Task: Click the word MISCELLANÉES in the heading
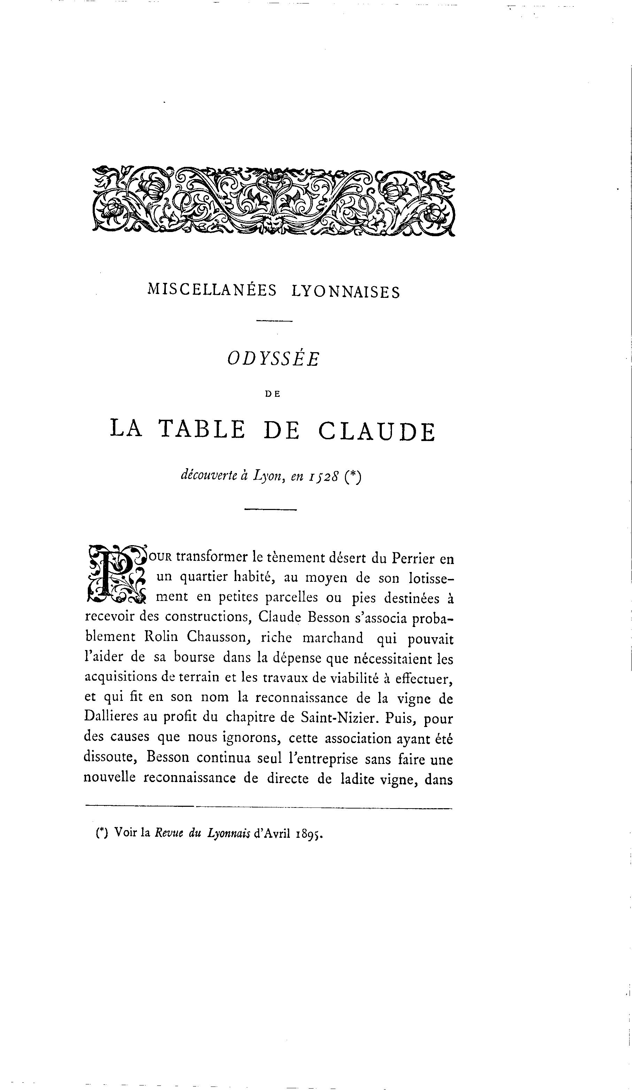click(x=211, y=290)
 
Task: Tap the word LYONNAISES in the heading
click(x=346, y=292)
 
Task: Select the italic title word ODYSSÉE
click(x=273, y=358)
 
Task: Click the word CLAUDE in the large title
click(x=376, y=431)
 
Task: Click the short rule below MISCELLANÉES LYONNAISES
click(x=274, y=321)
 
